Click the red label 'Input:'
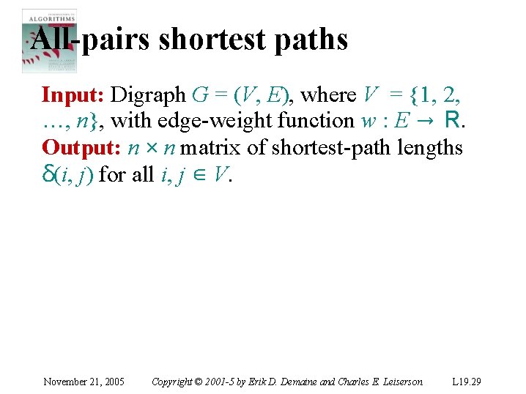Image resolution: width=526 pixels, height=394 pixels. click(73, 94)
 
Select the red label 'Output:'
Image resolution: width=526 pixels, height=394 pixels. click(82, 147)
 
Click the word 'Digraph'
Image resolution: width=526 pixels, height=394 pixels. click(149, 94)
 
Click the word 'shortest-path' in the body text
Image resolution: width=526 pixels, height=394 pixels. click(333, 147)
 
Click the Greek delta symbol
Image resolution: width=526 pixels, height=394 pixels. click(48, 174)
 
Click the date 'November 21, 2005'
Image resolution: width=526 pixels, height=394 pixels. click(84, 382)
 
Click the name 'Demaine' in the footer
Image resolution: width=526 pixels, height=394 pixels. click(295, 382)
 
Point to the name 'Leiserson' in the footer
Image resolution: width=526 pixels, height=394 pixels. click(399, 382)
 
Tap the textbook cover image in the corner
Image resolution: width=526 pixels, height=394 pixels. click(48, 40)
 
